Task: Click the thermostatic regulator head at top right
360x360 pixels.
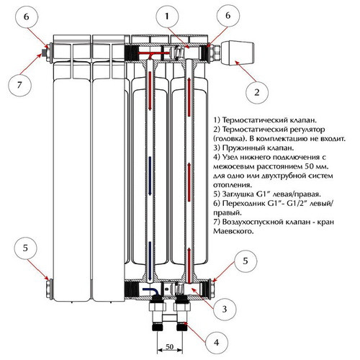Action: pyautogui.click(x=238, y=53)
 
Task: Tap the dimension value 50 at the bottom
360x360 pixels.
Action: pyautogui.click(x=169, y=346)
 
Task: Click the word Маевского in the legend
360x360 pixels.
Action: pyautogui.click(x=233, y=231)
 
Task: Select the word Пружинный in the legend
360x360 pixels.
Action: pyautogui.click(x=246, y=148)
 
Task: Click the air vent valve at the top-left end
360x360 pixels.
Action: pyautogui.click(x=44, y=53)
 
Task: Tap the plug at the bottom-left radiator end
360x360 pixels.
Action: pyautogui.click(x=49, y=289)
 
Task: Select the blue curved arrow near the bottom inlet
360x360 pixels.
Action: pyautogui.click(x=150, y=291)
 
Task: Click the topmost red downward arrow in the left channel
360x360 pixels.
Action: pyautogui.click(x=150, y=91)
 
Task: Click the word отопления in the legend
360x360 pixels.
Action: pyautogui.click(x=233, y=185)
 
